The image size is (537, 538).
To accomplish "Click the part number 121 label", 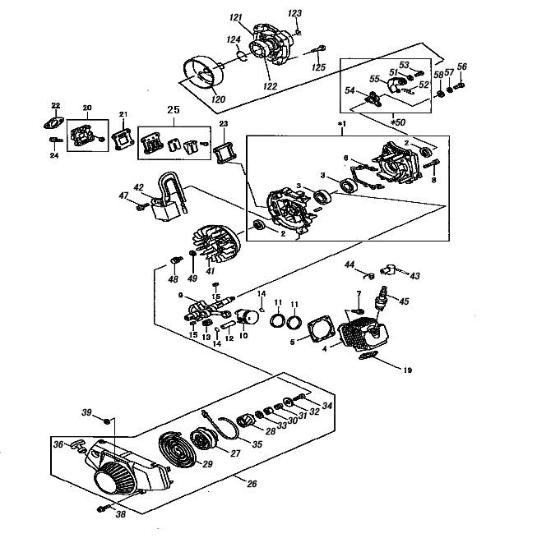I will point(235,17).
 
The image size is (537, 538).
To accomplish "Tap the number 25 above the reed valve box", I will point(173,109).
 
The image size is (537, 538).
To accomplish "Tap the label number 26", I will point(252,482).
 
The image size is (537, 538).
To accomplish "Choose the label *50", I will point(399,122).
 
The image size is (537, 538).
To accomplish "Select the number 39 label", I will point(86,412).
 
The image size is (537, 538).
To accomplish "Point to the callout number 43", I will point(414,276).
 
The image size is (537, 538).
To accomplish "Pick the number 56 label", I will point(462,67).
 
